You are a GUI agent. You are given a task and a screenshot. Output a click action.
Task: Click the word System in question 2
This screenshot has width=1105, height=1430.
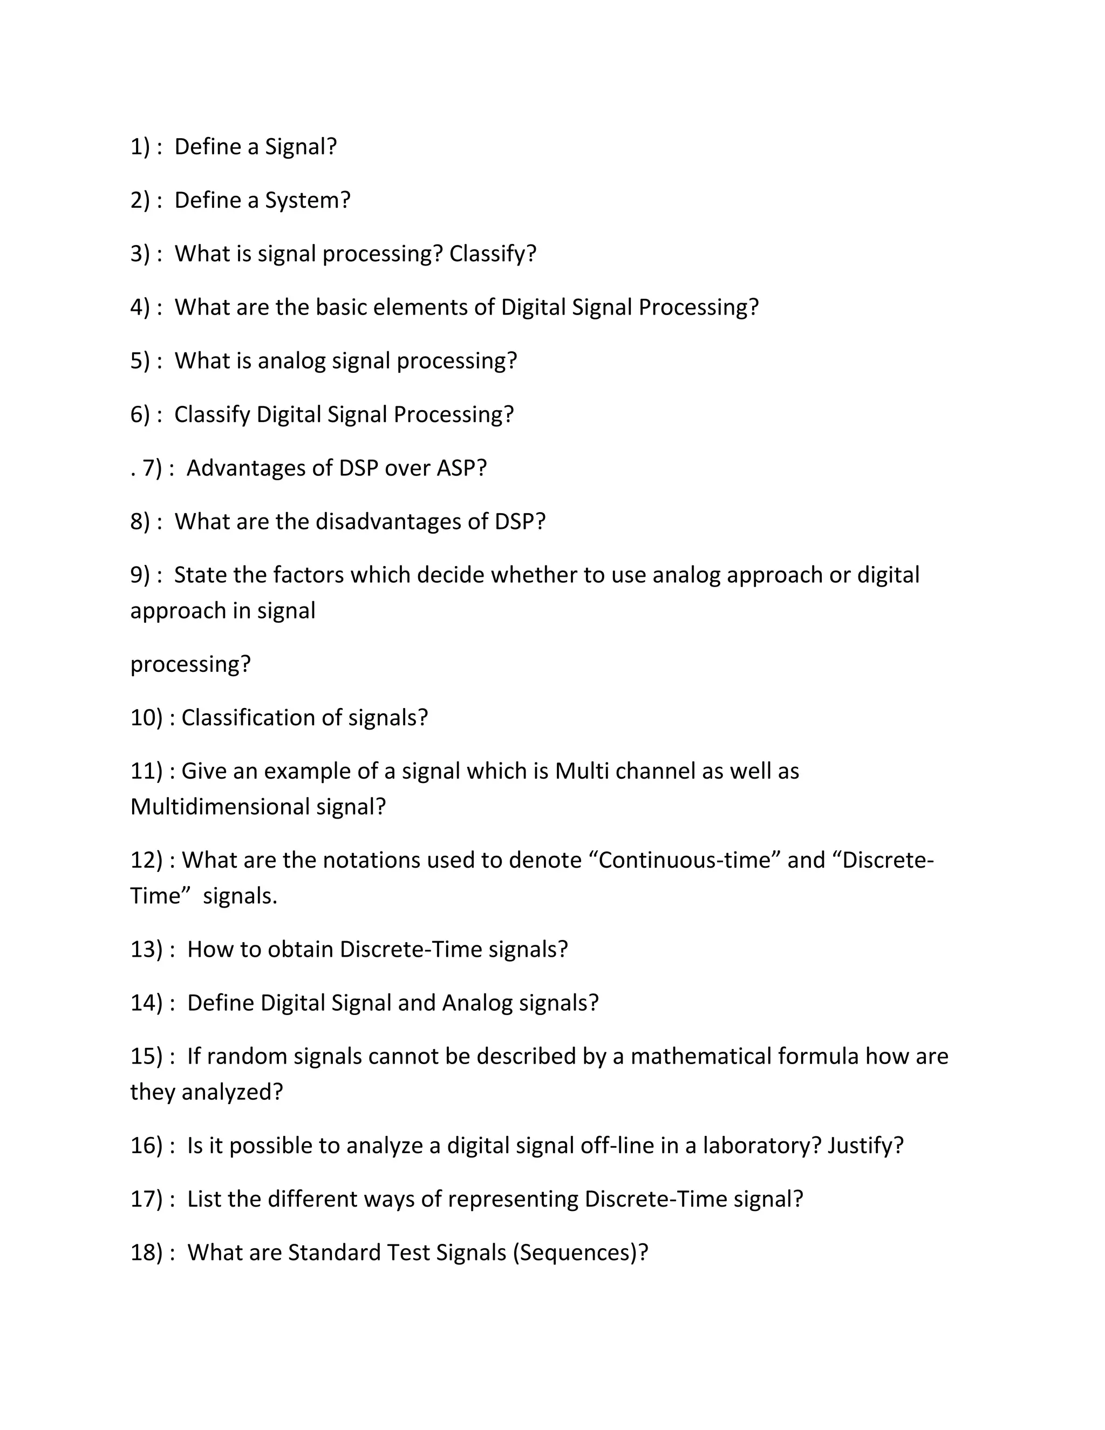[306, 200]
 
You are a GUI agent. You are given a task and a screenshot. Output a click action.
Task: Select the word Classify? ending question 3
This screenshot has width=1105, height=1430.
[492, 254]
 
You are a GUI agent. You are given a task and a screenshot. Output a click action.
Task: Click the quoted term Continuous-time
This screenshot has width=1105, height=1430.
[685, 860]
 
